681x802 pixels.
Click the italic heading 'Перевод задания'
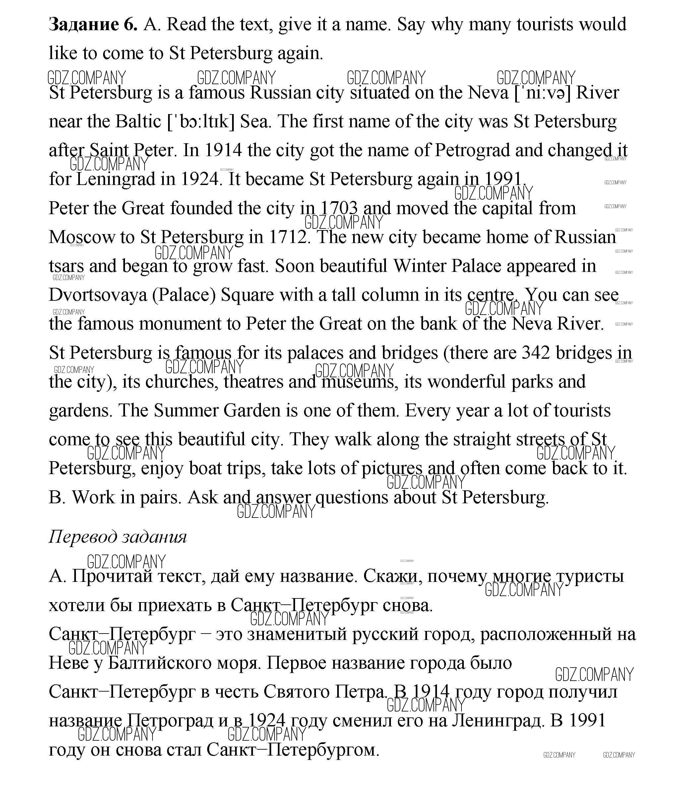tap(118, 537)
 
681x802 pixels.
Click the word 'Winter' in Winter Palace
tap(419, 266)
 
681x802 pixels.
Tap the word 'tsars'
tap(66, 266)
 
